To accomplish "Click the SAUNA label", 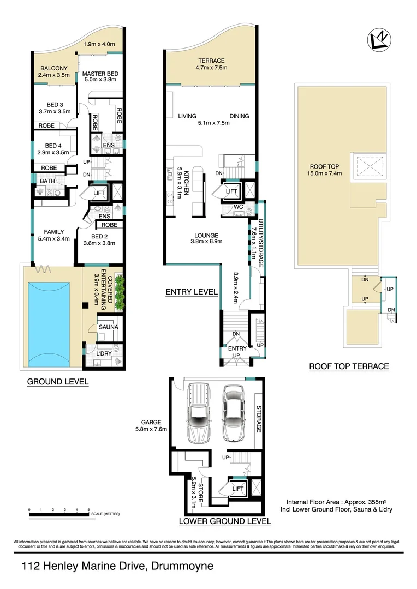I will click(107, 327).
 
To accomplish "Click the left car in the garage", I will click(198, 413).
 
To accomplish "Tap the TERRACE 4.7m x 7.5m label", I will click(211, 64).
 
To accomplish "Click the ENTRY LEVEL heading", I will click(192, 292).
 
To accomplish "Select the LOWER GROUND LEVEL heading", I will click(225, 521).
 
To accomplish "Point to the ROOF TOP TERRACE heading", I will click(349, 366).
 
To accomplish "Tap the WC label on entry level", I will click(238, 207).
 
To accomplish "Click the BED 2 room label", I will click(103, 240).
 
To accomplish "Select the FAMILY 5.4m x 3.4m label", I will click(53, 235).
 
